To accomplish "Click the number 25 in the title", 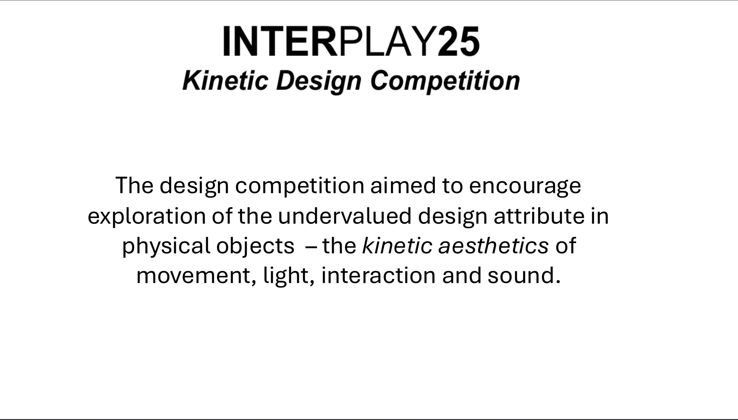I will coord(459,41).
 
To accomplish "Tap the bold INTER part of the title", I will coord(280,41).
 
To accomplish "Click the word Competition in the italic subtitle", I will coord(445,81).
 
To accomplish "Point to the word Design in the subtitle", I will coord(318,81).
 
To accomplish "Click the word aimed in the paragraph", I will coord(403,186).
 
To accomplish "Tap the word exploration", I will coord(147,216).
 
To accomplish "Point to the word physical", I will coord(166,246).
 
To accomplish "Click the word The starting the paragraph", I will coord(134,186).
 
